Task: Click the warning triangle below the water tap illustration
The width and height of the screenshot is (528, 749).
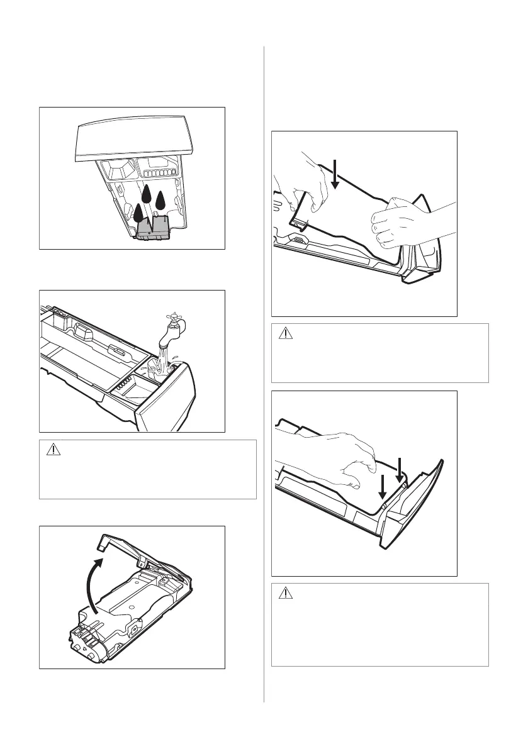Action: pyautogui.click(x=53, y=450)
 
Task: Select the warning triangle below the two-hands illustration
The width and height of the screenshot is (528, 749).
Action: pyautogui.click(x=285, y=333)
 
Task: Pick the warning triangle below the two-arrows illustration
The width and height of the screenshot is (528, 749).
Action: pyautogui.click(x=285, y=593)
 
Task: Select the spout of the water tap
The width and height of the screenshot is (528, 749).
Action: pyautogui.click(x=162, y=338)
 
